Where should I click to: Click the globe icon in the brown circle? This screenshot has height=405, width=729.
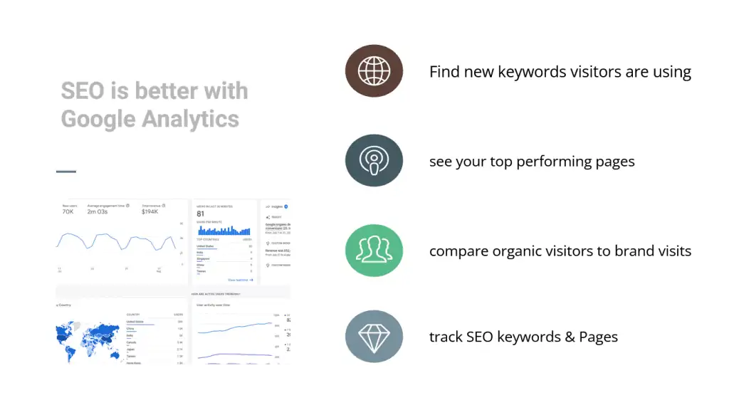(x=374, y=71)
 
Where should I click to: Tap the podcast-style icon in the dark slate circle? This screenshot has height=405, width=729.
(x=374, y=161)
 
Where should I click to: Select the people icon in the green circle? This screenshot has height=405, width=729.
(x=374, y=251)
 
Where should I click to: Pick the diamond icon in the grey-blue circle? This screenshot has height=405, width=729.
(x=374, y=337)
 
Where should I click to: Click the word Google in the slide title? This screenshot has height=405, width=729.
(x=98, y=118)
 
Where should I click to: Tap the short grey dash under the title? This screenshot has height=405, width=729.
(x=65, y=172)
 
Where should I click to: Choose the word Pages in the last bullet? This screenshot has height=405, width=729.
(x=599, y=337)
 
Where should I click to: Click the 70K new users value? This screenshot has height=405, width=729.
(x=68, y=212)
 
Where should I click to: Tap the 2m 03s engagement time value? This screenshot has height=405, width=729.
(x=98, y=212)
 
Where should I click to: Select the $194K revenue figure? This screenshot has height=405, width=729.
(x=150, y=212)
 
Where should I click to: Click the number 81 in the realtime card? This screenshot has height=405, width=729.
(x=201, y=214)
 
